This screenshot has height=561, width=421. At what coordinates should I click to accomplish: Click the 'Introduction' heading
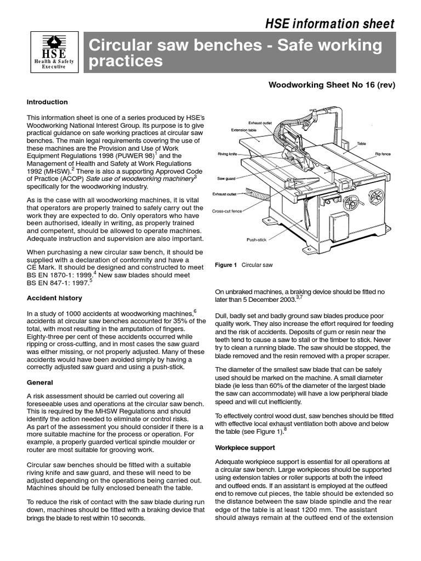click(x=47, y=102)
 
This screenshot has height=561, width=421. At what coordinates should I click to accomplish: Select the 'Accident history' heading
click(x=54, y=298)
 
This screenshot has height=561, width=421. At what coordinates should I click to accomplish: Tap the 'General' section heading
click(x=40, y=382)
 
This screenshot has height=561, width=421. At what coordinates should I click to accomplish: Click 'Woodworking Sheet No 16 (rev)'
click(x=331, y=85)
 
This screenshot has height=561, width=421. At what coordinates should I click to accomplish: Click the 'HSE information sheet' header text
click(x=329, y=24)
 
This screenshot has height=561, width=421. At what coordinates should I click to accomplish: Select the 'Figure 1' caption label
click(x=226, y=265)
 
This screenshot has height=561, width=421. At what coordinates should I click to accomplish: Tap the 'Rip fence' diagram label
click(x=382, y=154)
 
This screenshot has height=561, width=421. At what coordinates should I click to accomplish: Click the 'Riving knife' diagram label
click(x=227, y=154)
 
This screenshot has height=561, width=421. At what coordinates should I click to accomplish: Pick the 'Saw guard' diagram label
click(x=226, y=179)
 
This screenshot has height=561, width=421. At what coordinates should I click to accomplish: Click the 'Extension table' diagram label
click(x=243, y=130)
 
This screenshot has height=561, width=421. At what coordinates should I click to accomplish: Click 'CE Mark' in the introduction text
click(x=41, y=267)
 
